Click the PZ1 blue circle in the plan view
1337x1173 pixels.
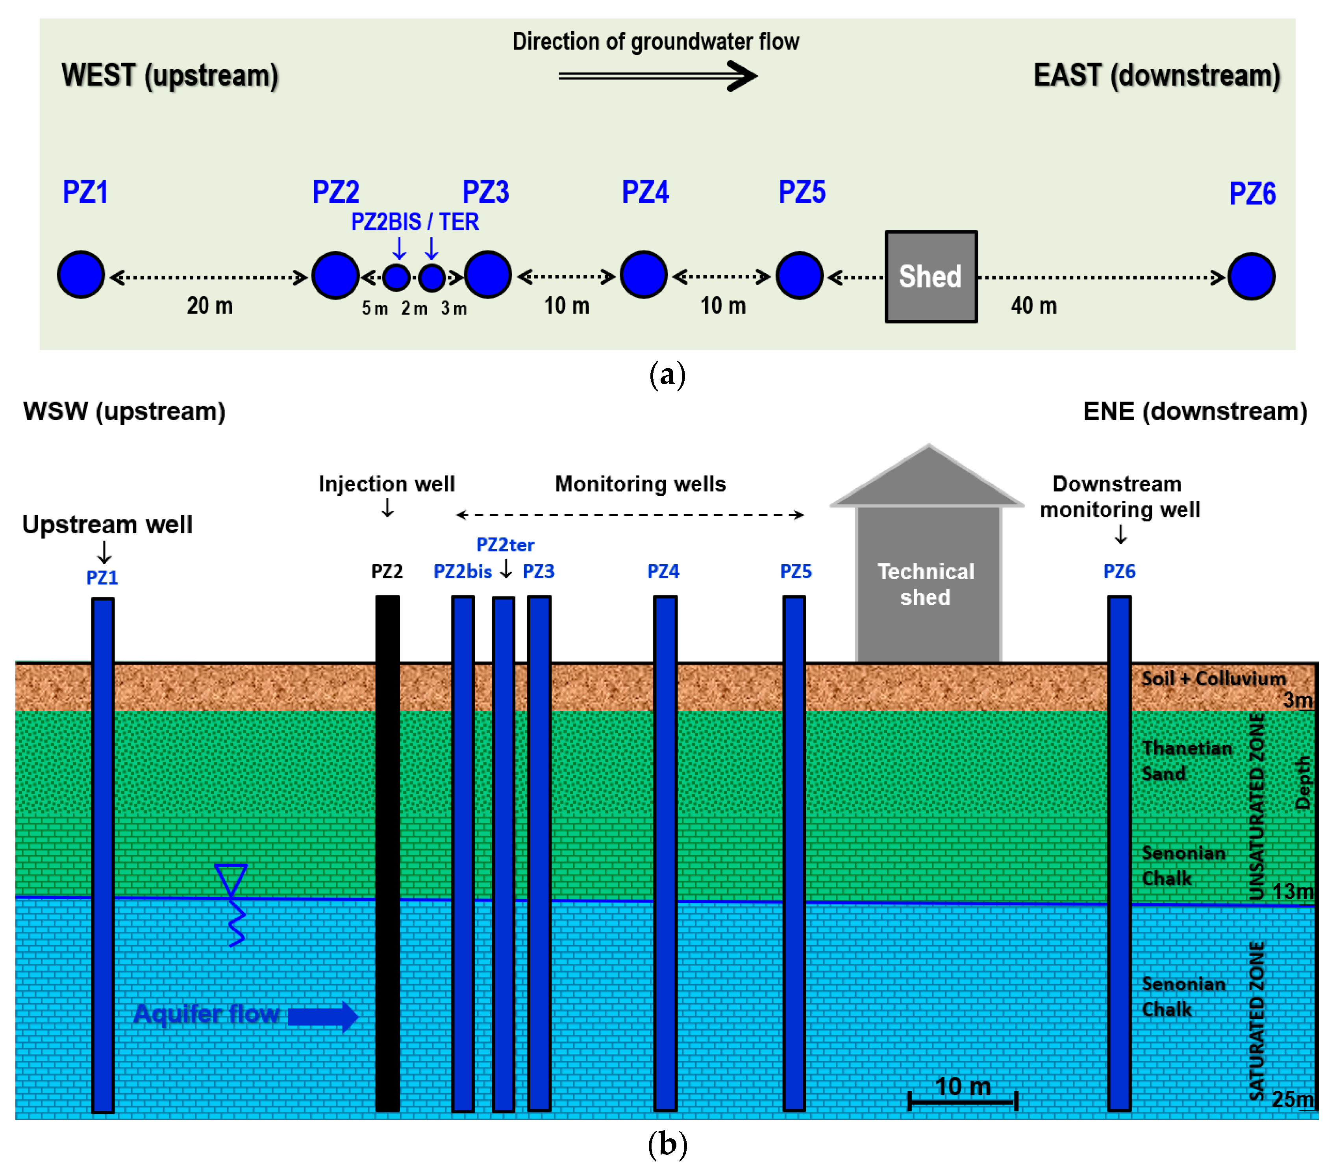[81, 275]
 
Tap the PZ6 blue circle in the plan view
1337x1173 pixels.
[1251, 276]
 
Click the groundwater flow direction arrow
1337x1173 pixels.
[657, 76]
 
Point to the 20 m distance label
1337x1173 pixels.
[210, 306]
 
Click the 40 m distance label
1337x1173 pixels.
[1033, 306]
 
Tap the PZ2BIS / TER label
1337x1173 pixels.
[415, 222]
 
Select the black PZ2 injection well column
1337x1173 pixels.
[387, 854]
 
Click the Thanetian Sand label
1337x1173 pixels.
[1187, 761]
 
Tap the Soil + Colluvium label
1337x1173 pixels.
[1213, 678]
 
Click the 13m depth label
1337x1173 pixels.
[1293, 891]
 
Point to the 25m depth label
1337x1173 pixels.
[1293, 1099]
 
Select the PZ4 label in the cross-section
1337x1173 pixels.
[663, 571]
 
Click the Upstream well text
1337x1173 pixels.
[107, 524]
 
